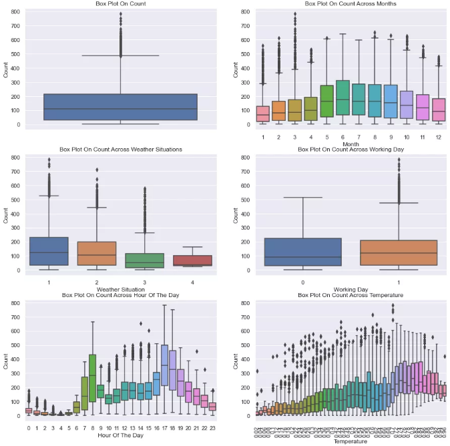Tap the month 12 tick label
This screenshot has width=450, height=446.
point(438,138)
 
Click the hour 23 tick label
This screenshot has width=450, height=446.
point(212,427)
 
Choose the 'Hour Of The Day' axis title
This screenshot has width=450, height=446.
point(121,435)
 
